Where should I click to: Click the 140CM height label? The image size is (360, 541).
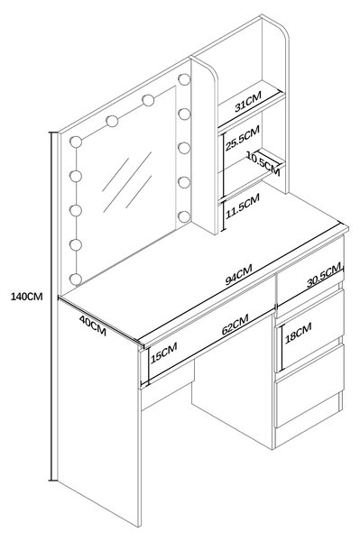(26, 297)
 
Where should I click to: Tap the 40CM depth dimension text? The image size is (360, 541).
(93, 326)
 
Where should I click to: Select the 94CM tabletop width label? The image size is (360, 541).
(238, 274)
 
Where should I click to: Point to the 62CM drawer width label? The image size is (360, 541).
(235, 325)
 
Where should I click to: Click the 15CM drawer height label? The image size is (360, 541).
(164, 353)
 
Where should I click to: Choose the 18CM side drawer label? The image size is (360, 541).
(299, 333)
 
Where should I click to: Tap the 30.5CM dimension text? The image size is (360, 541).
(324, 275)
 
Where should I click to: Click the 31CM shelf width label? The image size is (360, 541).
(248, 101)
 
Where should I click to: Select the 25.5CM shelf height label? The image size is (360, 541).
(243, 138)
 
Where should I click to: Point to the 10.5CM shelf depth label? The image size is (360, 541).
(263, 163)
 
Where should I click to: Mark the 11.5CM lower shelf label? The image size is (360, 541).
(243, 206)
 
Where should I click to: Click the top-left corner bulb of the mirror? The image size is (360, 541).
(76, 142)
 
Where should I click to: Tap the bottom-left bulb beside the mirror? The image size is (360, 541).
(76, 279)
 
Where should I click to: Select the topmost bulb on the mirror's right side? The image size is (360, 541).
(184, 79)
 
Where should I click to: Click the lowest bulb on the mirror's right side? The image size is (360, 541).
(184, 216)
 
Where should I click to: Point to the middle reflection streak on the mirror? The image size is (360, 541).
(127, 182)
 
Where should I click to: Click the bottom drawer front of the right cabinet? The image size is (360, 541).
(309, 386)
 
